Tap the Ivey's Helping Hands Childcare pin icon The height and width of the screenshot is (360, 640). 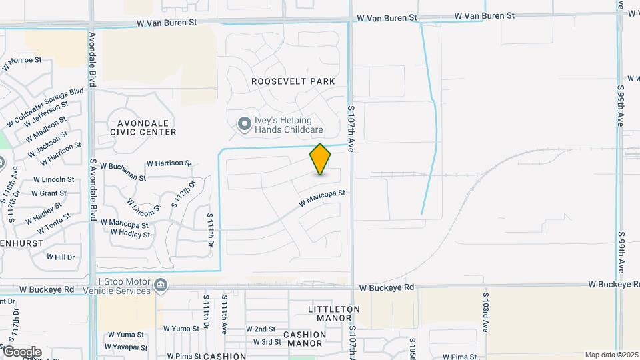coord(244,123)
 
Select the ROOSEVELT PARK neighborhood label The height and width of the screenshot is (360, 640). coord(293,81)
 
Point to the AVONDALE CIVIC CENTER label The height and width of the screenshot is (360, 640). coord(147,127)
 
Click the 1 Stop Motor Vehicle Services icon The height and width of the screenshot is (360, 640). coord(161,286)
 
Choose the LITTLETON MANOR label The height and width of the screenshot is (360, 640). coord(334,314)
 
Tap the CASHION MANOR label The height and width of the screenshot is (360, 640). coord(305,339)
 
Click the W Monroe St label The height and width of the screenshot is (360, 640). coord(22,62)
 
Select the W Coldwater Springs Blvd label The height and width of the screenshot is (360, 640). coord(45,107)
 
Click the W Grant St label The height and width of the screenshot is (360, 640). coord(49,193)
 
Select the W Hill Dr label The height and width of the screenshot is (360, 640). coord(60,257)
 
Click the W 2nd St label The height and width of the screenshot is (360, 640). coord(261,329)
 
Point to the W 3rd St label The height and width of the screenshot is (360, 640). coord(267,342)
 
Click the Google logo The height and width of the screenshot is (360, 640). coord(21,352)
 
